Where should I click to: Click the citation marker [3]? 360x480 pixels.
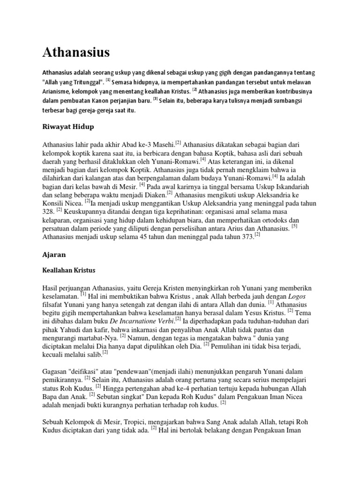tap(156, 99)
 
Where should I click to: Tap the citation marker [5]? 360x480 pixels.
tap(294, 225)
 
